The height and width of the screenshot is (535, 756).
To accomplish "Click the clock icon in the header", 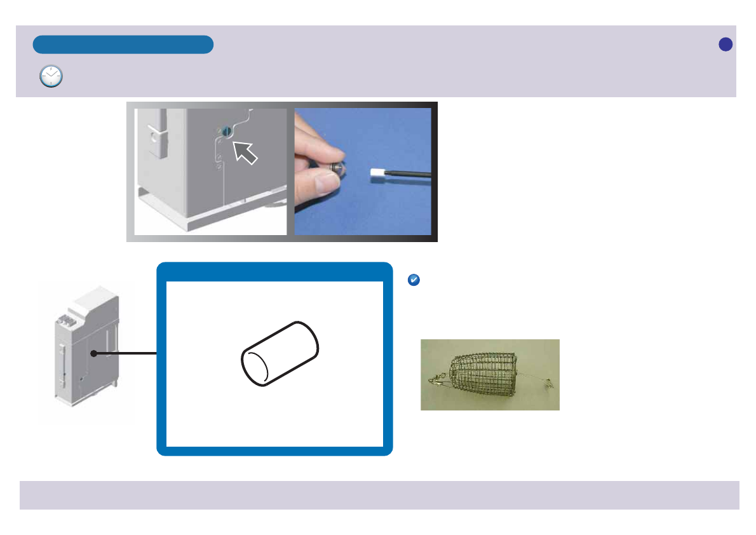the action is (51, 76).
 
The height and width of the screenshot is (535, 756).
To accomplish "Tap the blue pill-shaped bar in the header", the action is (123, 44).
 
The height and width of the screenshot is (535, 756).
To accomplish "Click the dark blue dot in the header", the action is (726, 44).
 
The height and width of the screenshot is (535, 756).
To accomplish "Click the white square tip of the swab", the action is (378, 172).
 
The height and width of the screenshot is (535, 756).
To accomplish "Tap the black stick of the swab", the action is (410, 172).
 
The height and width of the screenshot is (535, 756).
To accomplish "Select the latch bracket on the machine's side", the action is (156, 137).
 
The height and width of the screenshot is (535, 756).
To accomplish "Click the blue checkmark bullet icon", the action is (413, 280).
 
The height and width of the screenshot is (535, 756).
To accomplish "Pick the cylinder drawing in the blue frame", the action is (280, 353).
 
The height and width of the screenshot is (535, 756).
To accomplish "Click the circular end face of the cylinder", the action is (257, 367).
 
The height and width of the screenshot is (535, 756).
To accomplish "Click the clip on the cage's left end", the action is (436, 380).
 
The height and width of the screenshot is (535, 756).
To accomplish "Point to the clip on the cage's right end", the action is (548, 383).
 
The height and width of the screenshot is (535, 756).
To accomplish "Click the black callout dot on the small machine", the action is (93, 353).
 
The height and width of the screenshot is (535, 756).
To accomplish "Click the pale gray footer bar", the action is (379, 495).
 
